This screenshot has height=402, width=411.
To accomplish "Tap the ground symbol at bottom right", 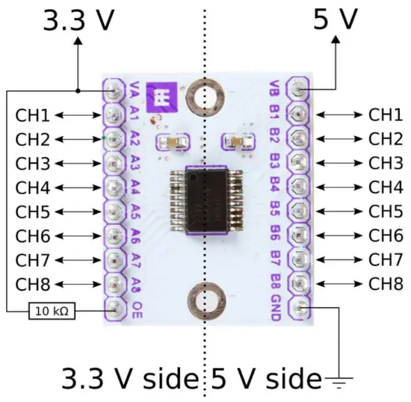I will click(x=341, y=383).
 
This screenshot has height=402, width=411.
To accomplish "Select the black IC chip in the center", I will click(x=205, y=198).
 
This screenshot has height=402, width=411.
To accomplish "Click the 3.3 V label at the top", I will click(x=78, y=20).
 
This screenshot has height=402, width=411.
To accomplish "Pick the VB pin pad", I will click(x=299, y=90).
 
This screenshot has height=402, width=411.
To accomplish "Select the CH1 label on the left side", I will click(x=31, y=115).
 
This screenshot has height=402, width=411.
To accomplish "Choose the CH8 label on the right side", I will click(x=385, y=284).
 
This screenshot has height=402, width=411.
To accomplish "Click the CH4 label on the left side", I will click(x=31, y=188).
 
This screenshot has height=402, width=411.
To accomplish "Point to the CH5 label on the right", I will click(x=385, y=211).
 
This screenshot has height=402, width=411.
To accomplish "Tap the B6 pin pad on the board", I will click(x=299, y=235).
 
